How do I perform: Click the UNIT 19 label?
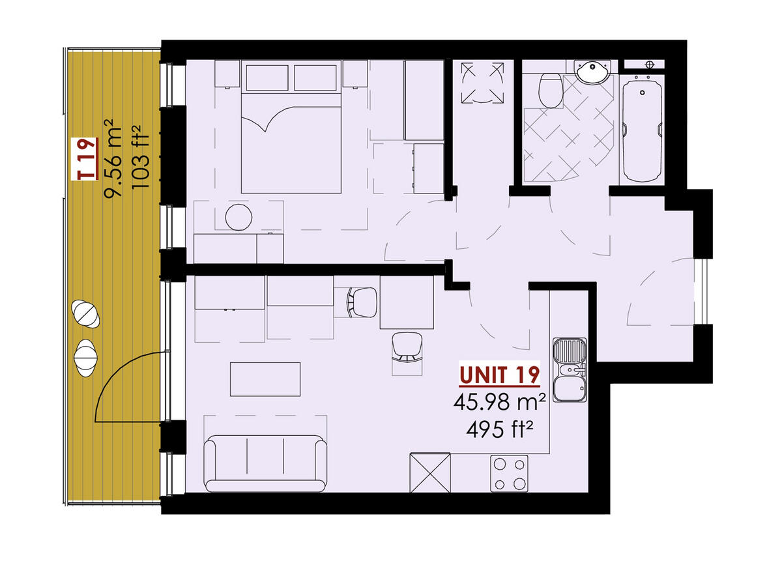tap(499, 375)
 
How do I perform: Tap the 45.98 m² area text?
tap(499, 402)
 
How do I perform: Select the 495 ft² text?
tap(499, 429)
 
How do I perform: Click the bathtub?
tap(642, 127)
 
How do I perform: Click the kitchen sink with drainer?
tap(570, 371)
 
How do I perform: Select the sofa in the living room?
tap(265, 464)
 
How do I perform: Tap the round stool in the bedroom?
tap(239, 217)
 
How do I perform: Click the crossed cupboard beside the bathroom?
tap(482, 83)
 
